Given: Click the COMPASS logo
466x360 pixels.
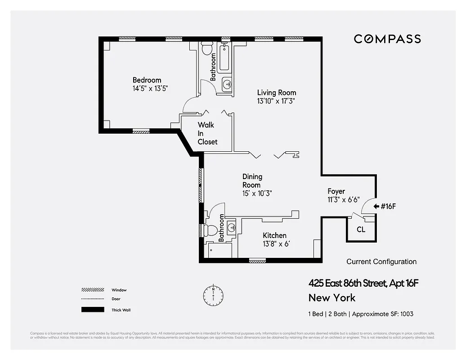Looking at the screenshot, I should (387, 39).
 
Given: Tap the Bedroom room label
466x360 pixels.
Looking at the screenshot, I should (147, 80).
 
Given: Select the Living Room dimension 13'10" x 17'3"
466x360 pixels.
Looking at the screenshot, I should (276, 101).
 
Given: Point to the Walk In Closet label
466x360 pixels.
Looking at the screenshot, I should (207, 133).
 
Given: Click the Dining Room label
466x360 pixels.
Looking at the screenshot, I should (252, 180).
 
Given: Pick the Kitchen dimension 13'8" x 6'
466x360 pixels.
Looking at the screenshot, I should (276, 244).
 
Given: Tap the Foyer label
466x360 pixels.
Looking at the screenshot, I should (336, 191).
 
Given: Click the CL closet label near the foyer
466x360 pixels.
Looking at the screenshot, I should (361, 229).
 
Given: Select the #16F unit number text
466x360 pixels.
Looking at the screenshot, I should (388, 207).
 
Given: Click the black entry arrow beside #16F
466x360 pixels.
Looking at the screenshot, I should (376, 207).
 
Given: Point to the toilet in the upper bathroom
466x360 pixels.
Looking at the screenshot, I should (207, 48).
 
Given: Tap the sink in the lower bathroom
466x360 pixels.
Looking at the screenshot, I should (231, 227).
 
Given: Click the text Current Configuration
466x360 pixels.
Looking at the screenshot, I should (381, 261).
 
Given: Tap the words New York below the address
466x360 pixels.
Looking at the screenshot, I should (332, 297).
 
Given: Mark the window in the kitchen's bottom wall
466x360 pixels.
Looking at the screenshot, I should (257, 261).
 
